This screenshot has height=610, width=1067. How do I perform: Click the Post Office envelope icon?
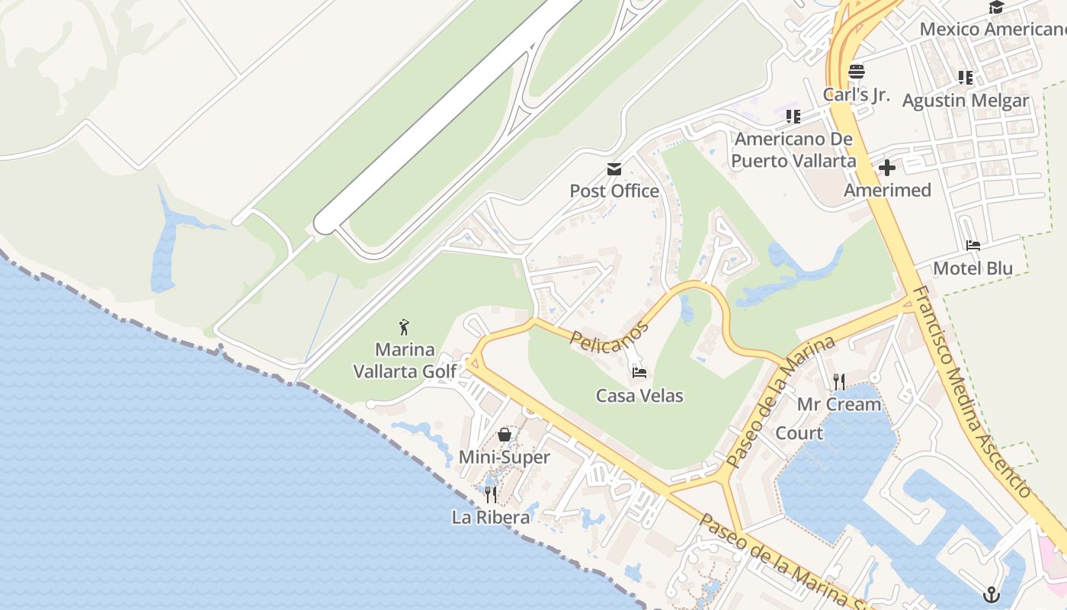pyautogui.click(x=614, y=169)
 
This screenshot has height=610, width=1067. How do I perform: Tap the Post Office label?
pyautogui.click(x=614, y=191)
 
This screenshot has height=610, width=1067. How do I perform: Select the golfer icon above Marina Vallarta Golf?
pyautogui.click(x=404, y=328)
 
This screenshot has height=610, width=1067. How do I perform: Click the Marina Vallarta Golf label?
pyautogui.click(x=404, y=361)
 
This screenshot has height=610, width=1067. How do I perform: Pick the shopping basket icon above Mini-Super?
pyautogui.click(x=504, y=435)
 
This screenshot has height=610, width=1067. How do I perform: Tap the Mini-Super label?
pyautogui.click(x=504, y=457)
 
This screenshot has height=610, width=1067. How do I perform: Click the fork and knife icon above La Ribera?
pyautogui.click(x=491, y=495)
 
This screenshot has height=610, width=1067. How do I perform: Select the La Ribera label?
pyautogui.click(x=491, y=517)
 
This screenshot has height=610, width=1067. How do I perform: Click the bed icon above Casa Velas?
pyautogui.click(x=639, y=373)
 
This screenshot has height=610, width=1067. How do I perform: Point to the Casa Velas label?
pyautogui.click(x=639, y=396)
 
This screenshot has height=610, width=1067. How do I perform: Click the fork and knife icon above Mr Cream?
pyautogui.click(x=839, y=381)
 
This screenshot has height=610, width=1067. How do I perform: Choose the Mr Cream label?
pyautogui.click(x=839, y=404)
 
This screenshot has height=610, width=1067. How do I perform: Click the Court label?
pyautogui.click(x=799, y=433)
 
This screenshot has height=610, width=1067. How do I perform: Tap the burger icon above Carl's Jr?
pyautogui.click(x=856, y=72)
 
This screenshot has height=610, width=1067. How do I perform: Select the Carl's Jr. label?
pyautogui.click(x=856, y=95)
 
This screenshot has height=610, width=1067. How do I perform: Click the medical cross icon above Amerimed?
pyautogui.click(x=887, y=168)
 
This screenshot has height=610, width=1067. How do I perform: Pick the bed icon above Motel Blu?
pyautogui.click(x=973, y=246)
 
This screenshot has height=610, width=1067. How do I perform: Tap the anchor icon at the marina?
pyautogui.click(x=992, y=594)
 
